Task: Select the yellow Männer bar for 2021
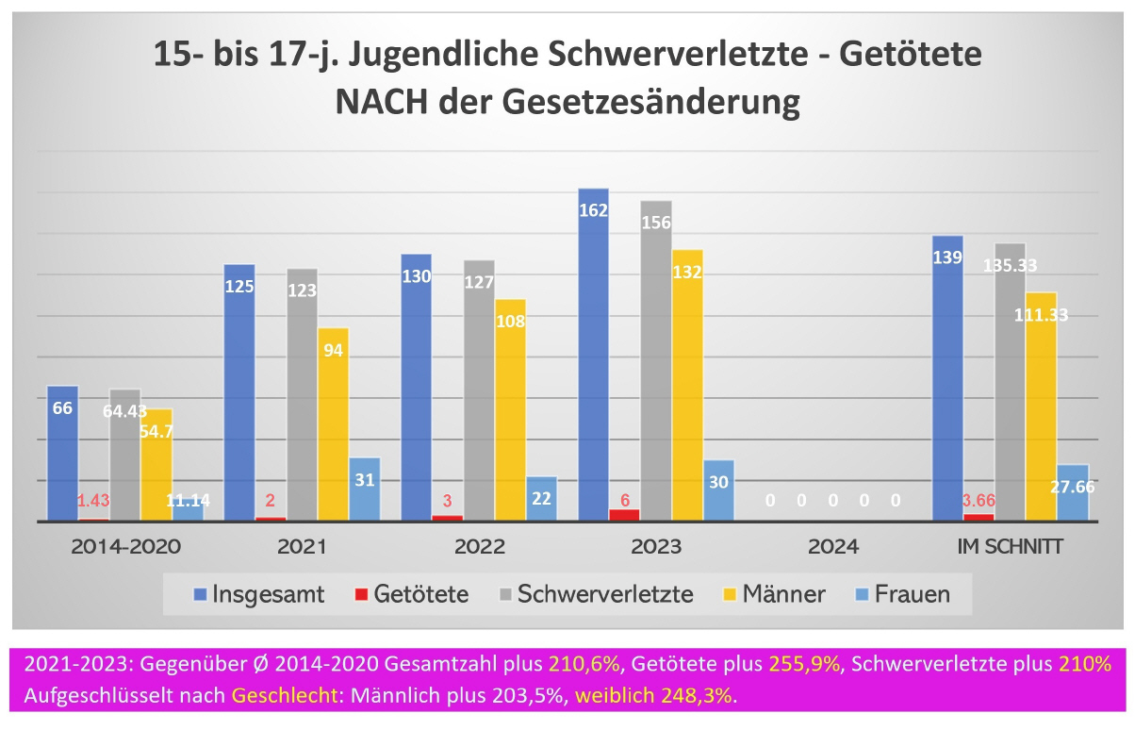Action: (x=333, y=423)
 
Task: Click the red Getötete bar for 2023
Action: (x=624, y=515)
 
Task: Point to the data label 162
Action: (x=593, y=210)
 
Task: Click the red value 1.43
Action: (x=94, y=500)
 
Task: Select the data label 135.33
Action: (x=1011, y=266)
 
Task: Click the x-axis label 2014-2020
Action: (x=125, y=546)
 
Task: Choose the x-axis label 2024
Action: (x=833, y=546)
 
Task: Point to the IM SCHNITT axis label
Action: (x=1010, y=546)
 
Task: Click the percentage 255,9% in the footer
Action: (x=811, y=664)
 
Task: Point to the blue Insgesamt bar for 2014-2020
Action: (x=62, y=453)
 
